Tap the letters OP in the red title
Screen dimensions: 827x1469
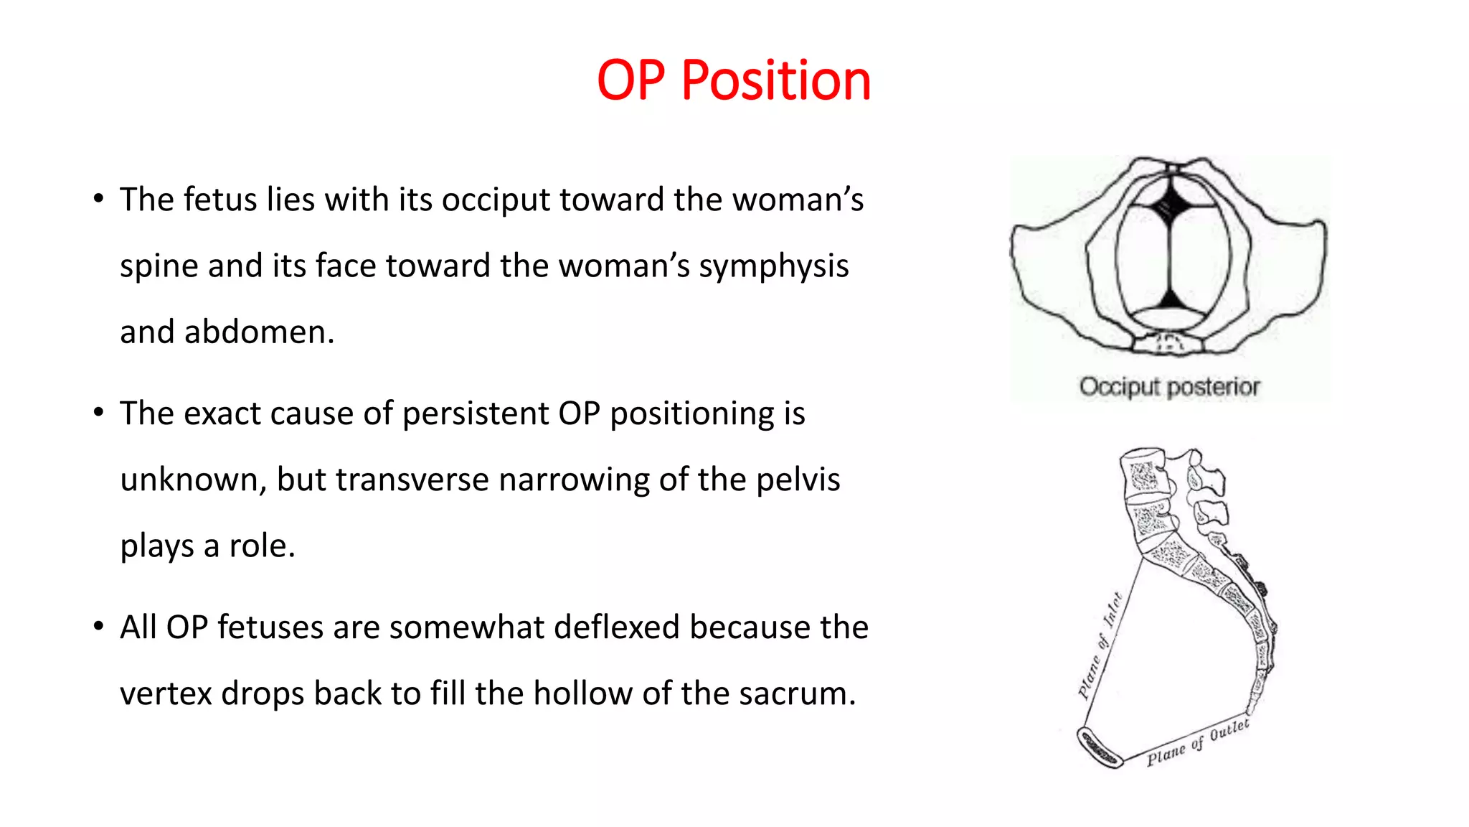pyautogui.click(x=630, y=80)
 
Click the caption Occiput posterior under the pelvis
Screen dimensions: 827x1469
pyautogui.click(x=1169, y=387)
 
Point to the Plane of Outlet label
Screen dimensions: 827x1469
pyautogui.click(x=1197, y=743)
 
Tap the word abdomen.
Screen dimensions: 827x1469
pyautogui.click(x=259, y=332)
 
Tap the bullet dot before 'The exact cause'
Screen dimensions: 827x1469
pyautogui.click(x=99, y=413)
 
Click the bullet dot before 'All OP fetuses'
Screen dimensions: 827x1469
pyautogui.click(x=99, y=627)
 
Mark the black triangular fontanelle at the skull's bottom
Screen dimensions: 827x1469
pyautogui.click(x=1170, y=297)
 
